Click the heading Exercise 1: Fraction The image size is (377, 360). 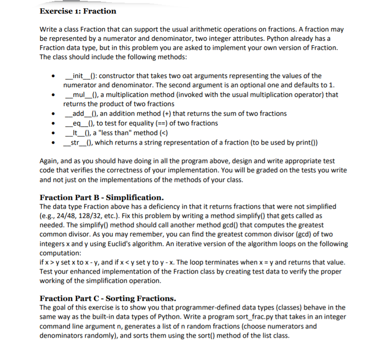tap(78, 11)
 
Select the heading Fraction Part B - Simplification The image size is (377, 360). tap(102, 197)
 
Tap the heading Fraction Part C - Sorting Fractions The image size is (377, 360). tap(108, 298)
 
